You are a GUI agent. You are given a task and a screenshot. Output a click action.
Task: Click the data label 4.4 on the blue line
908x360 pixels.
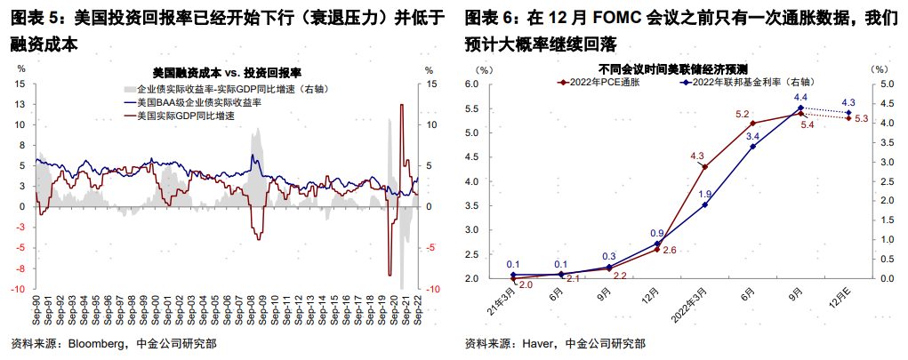[800, 97]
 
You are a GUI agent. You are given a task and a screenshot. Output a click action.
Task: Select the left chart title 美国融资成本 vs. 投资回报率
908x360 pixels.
[226, 70]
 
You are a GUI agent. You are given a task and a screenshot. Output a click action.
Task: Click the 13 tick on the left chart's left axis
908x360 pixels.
[20, 104]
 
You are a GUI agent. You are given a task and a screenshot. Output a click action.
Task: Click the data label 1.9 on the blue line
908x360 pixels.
[704, 194]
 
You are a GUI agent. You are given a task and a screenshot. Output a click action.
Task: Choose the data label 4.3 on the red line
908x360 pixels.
[697, 156]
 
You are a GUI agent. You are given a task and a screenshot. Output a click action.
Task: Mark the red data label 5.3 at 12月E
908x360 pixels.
[861, 118]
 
